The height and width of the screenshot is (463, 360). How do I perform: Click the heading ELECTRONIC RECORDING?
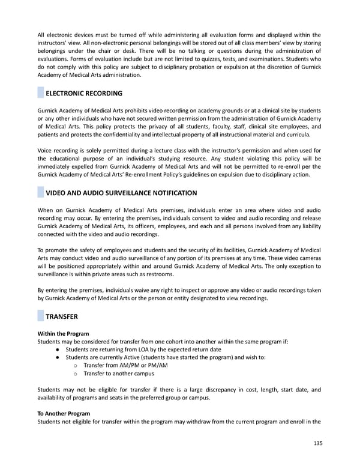[x=84, y=94]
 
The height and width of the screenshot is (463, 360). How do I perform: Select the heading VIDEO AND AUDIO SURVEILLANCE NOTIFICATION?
[x=121, y=193]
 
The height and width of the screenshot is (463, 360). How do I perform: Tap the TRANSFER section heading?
[x=62, y=316]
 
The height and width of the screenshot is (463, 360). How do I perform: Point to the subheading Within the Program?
[x=63, y=334]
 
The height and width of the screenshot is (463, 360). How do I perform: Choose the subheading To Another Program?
[x=64, y=414]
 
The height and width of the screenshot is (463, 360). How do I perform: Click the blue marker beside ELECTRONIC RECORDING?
[x=41, y=94]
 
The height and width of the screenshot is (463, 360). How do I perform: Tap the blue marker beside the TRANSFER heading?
[x=41, y=316]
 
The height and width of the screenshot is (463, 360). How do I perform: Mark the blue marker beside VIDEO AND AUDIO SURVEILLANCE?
[x=41, y=193]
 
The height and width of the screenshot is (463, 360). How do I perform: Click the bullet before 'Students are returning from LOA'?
[x=56, y=350]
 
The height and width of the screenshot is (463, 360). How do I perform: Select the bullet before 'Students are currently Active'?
[x=56, y=357]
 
